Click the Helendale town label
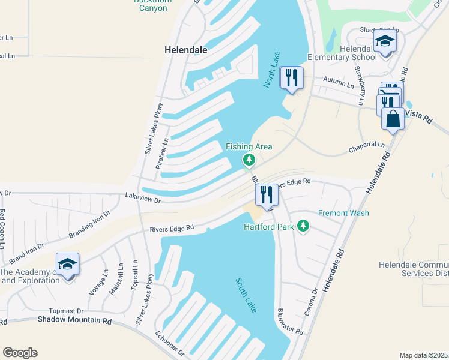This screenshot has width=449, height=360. [x=186, y=50]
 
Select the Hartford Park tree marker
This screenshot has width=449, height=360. [x=304, y=226]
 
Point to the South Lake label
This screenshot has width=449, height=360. [x=246, y=295]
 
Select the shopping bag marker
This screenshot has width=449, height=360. [x=393, y=118]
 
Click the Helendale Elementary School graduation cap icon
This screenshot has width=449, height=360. [x=384, y=42]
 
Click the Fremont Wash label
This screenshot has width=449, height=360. [x=343, y=213]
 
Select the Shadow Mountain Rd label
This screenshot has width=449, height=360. [x=75, y=320]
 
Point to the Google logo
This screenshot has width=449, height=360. [x=20, y=353]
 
